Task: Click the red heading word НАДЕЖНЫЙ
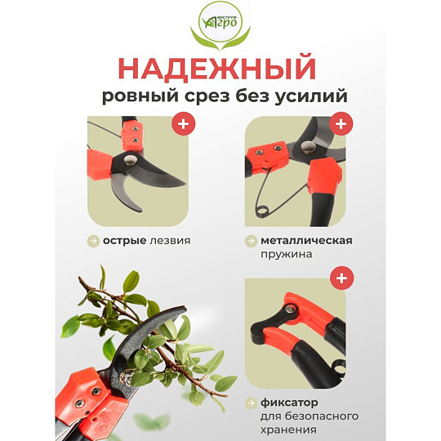point(217,69)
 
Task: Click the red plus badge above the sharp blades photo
point(184,123)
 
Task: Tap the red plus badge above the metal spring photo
point(341,123)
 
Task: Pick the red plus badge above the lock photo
point(341,278)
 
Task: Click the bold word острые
point(124,241)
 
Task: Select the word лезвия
point(170,241)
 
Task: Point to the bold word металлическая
point(306,241)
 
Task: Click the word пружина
point(287,255)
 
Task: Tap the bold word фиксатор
point(289,403)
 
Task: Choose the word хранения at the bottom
point(288,430)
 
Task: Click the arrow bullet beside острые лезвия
point(93,241)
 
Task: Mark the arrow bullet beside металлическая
point(251,241)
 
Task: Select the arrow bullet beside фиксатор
point(251,403)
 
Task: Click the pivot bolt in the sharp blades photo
point(131,161)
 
